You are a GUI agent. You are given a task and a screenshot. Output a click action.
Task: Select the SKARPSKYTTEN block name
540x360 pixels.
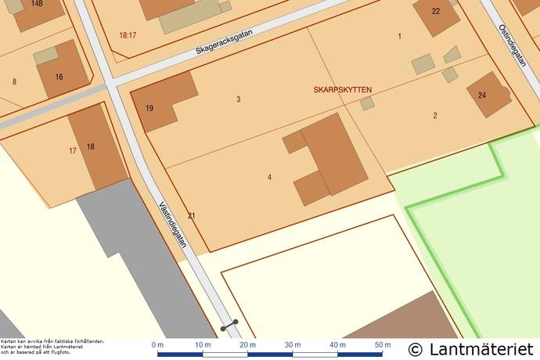(x=343, y=90)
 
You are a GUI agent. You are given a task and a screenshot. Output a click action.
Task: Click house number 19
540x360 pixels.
(x=149, y=108)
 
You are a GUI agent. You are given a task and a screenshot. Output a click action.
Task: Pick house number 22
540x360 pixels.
(x=436, y=11)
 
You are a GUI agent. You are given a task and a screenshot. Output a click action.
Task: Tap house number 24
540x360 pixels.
(x=481, y=95)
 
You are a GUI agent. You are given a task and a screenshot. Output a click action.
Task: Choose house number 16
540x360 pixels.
(x=59, y=77)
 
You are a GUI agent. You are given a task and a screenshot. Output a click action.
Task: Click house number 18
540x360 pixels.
(x=91, y=146)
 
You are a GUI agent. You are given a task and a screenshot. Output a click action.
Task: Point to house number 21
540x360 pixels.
(x=191, y=215)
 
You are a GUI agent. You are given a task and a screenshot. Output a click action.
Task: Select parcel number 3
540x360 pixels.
(x=238, y=99)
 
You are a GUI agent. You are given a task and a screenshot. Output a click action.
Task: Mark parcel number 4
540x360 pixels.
(x=269, y=178)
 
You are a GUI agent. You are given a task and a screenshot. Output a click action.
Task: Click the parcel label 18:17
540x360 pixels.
(x=128, y=35)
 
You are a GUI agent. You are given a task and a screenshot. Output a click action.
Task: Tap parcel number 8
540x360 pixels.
(x=14, y=81)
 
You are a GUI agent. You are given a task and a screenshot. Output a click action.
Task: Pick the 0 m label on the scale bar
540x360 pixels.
(x=157, y=345)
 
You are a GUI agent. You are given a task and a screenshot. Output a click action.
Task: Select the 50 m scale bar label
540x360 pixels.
(x=383, y=345)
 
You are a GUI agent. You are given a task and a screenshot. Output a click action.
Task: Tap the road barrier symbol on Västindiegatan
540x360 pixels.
(x=229, y=325)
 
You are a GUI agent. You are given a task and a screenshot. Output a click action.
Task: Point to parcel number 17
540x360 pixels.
(x=73, y=150)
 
